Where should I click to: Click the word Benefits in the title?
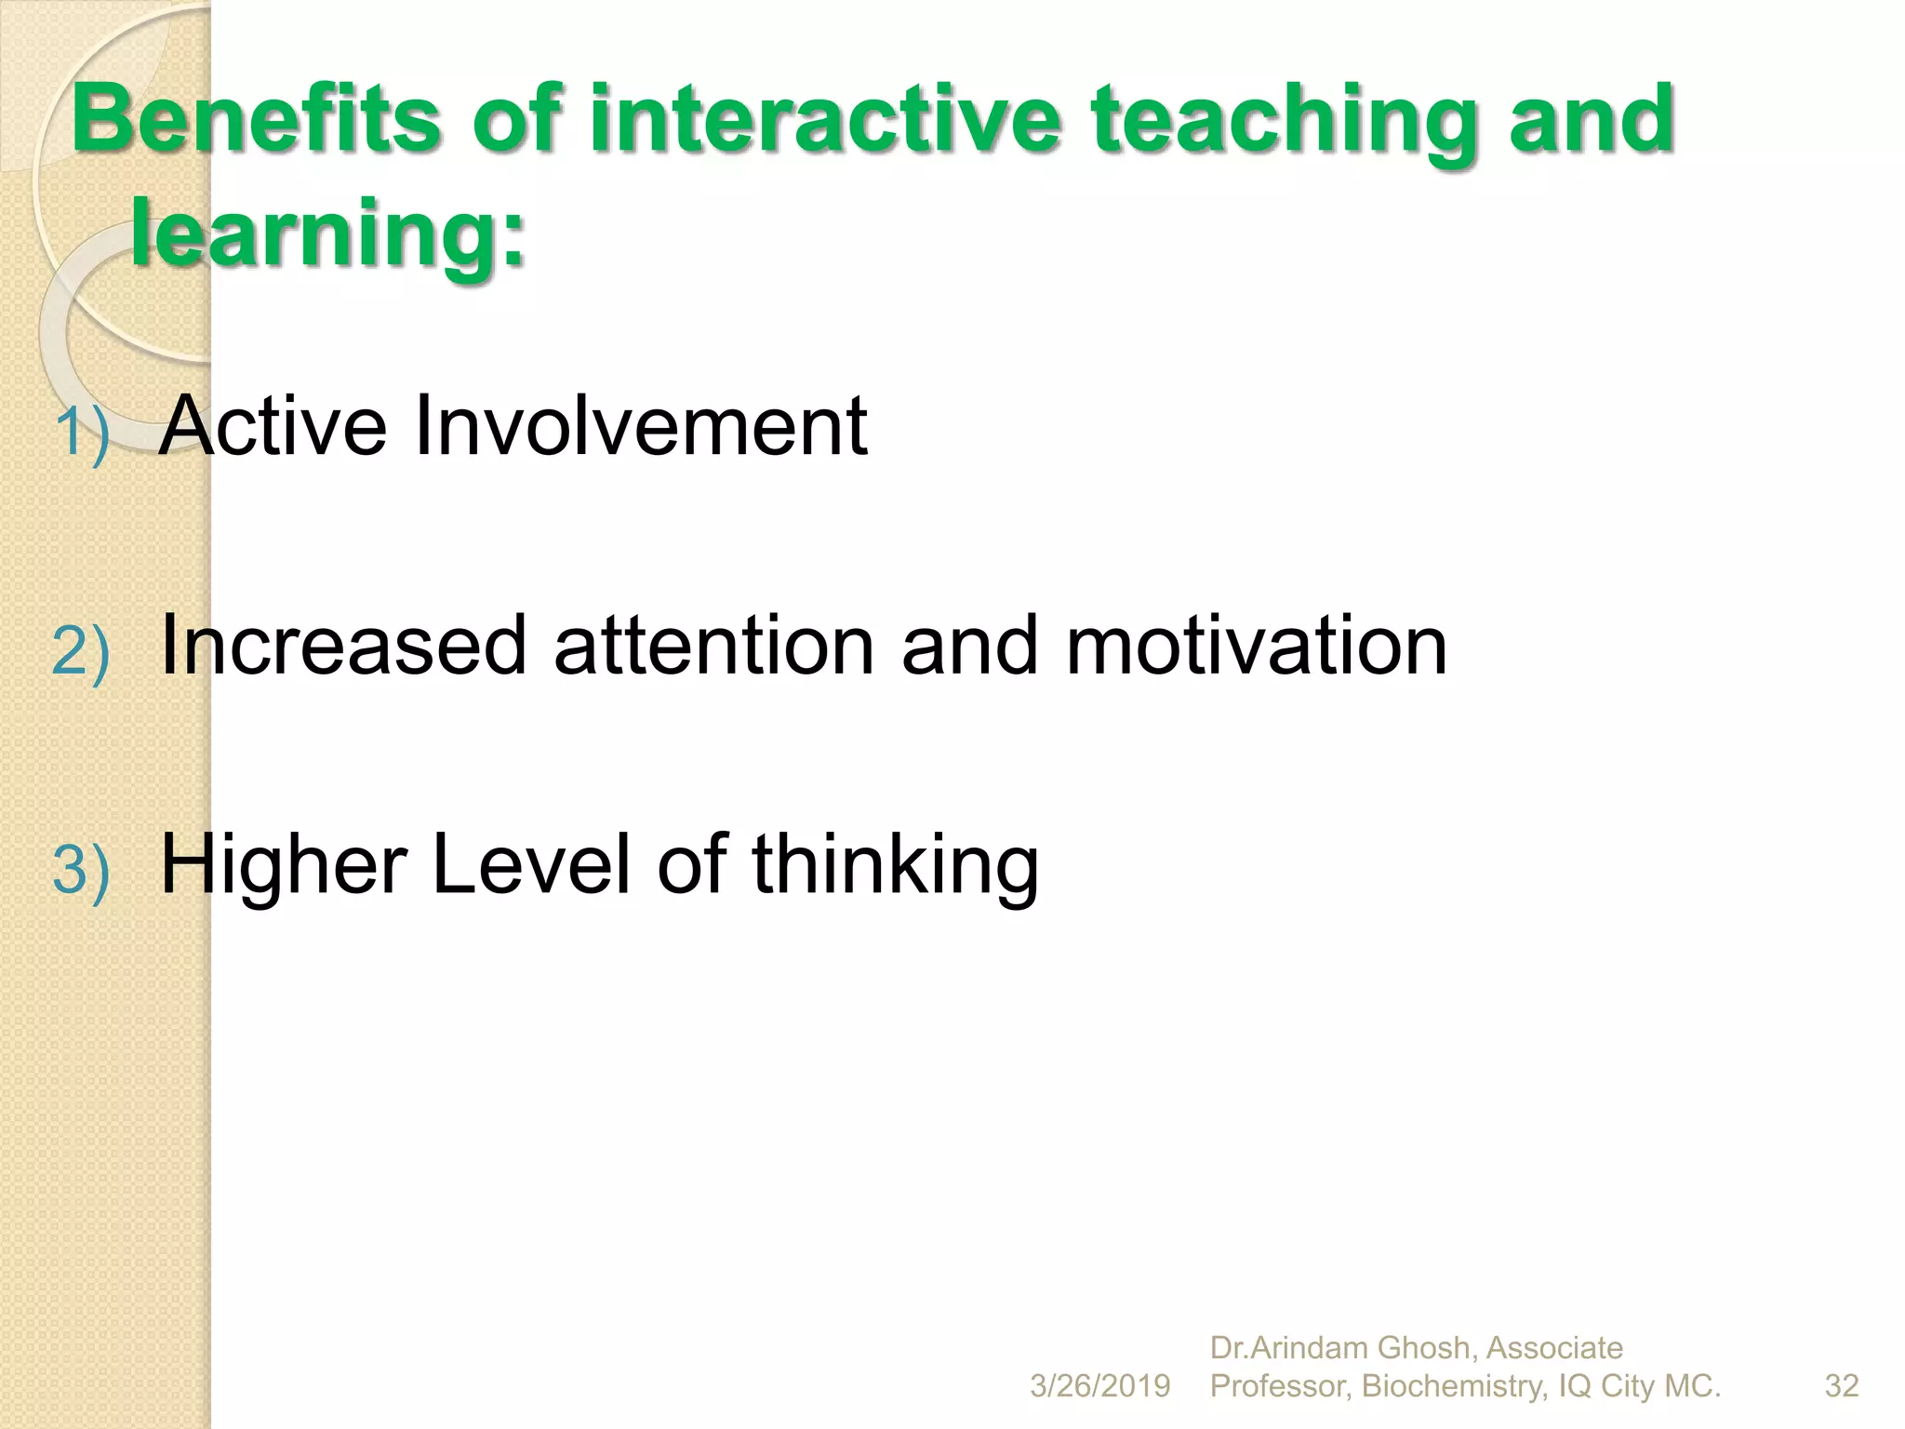point(256,118)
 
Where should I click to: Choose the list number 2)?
point(82,650)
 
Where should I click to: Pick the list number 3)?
point(82,870)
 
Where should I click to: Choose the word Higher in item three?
point(284,865)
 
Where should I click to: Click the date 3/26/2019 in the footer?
point(1099,1386)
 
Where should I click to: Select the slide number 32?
point(1842,1386)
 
